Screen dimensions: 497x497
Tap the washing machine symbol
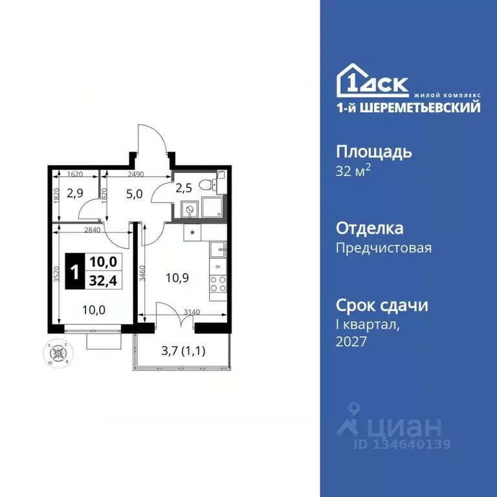coord(189,209)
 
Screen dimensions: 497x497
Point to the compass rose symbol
coord(59,353)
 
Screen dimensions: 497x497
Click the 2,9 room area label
coord(76,193)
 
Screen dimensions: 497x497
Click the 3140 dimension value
coord(192,313)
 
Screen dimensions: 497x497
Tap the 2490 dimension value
coord(135,174)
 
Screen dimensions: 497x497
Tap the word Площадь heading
coord(373,153)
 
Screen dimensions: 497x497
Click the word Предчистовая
coord(384,248)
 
